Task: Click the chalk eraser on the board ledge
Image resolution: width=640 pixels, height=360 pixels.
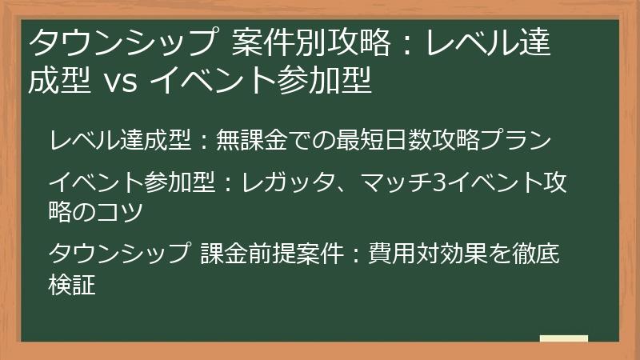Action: [563, 338]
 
